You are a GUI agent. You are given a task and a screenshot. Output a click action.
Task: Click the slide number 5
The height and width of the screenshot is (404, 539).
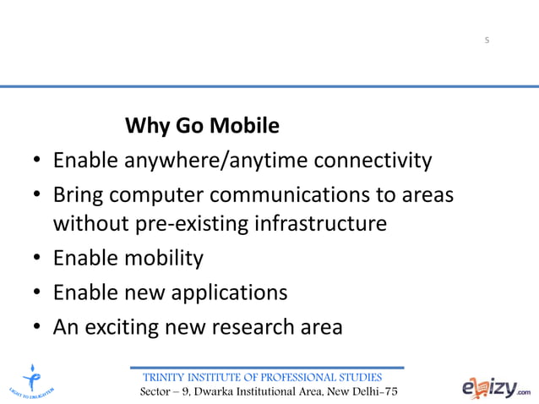[x=487, y=41]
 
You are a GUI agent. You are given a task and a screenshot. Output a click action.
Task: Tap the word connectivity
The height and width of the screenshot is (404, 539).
[x=373, y=161]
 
